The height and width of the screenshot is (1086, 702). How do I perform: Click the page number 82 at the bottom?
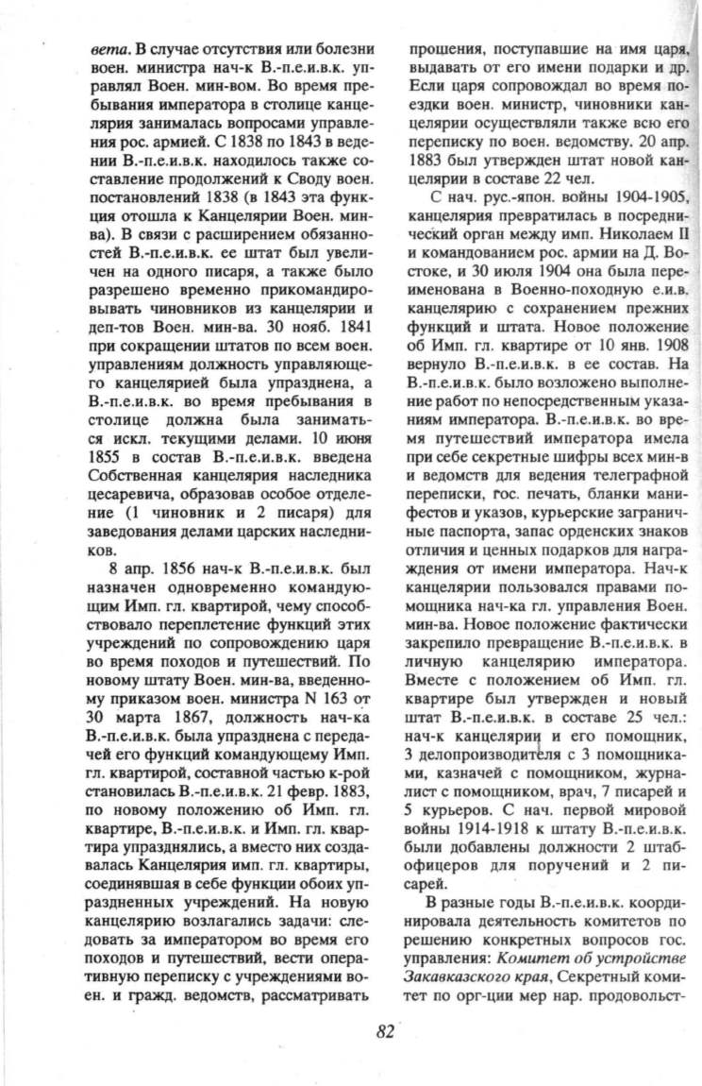tap(384, 1030)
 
